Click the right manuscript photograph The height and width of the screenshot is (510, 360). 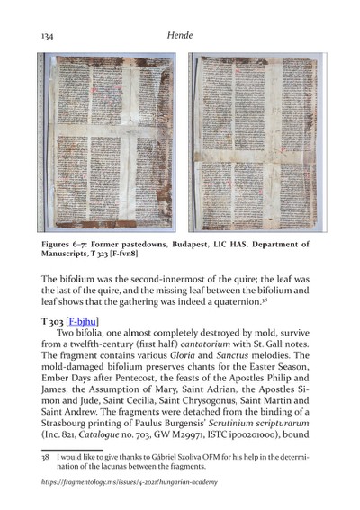coord(256,143)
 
